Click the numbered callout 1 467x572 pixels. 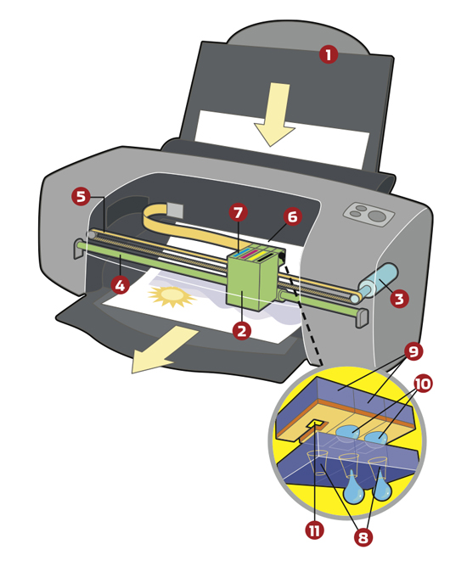click(329, 54)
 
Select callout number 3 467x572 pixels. click(399, 299)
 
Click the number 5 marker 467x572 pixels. click(81, 197)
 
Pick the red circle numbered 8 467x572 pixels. click(363, 536)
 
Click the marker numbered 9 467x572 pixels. click(390, 351)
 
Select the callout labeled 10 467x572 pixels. click(422, 384)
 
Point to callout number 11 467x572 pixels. click(315, 530)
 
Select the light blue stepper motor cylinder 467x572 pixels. click(376, 281)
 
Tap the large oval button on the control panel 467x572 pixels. click(377, 216)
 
